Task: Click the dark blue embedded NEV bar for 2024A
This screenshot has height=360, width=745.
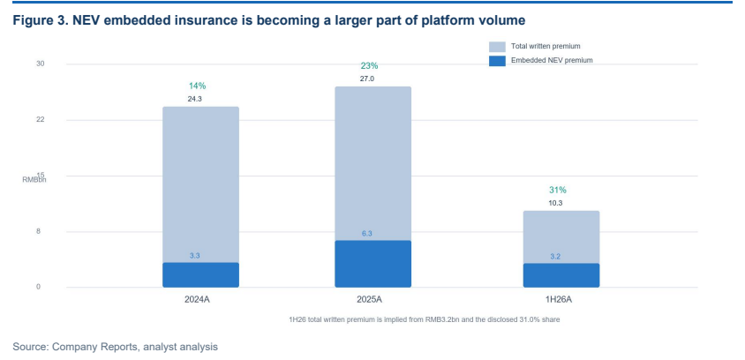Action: click(x=200, y=275)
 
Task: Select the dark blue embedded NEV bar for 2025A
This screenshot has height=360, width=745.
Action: click(x=373, y=264)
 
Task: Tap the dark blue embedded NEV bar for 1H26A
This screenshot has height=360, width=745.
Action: click(x=561, y=275)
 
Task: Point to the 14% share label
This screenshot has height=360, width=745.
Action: click(x=197, y=86)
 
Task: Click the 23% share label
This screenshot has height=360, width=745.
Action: click(x=369, y=66)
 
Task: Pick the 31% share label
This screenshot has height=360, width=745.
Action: click(x=558, y=190)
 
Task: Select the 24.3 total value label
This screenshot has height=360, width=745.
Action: click(x=195, y=99)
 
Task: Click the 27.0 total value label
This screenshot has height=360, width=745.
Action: click(x=367, y=79)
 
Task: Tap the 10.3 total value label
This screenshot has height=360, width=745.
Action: click(x=555, y=203)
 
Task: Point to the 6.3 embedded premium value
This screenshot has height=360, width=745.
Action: click(x=367, y=234)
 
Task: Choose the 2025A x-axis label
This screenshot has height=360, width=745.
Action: click(x=369, y=300)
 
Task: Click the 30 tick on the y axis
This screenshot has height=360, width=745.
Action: click(x=41, y=64)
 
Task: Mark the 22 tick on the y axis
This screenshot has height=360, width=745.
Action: click(x=41, y=120)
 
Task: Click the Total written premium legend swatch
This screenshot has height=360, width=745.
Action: click(x=497, y=47)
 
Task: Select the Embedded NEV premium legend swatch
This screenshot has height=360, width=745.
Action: click(x=497, y=61)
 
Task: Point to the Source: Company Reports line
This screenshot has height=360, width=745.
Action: click(x=116, y=347)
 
